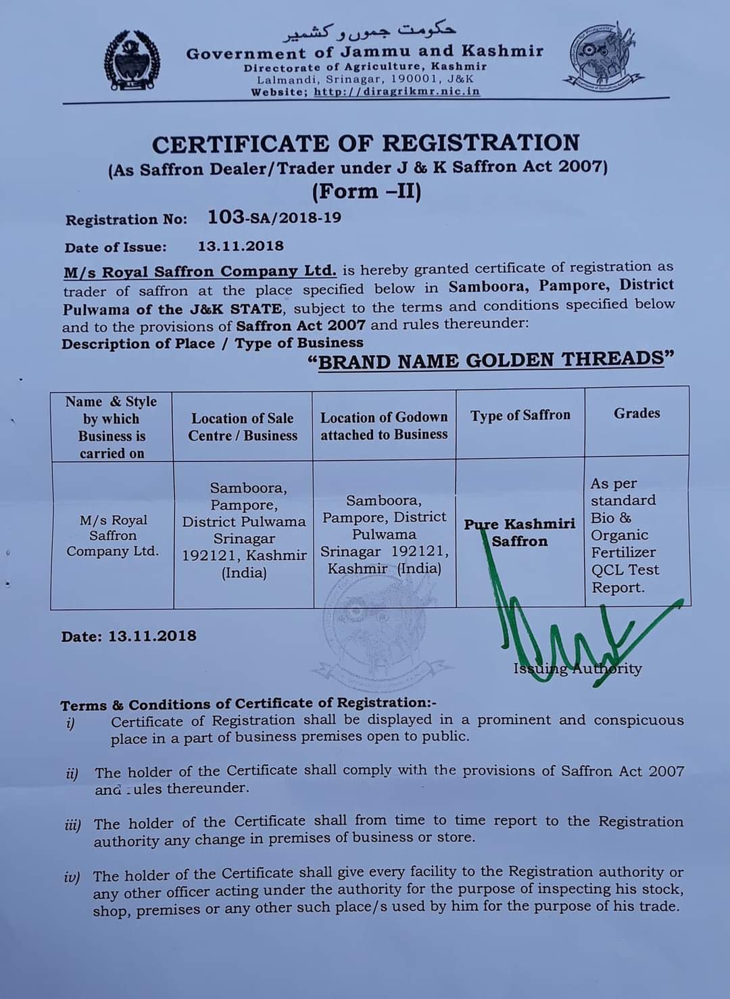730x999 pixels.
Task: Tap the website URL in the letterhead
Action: [x=397, y=92]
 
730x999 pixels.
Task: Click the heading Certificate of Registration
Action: [x=366, y=143]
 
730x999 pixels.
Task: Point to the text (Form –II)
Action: [x=366, y=192]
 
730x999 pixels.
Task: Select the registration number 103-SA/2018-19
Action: [x=274, y=218]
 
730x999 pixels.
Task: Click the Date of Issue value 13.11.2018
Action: [x=241, y=247]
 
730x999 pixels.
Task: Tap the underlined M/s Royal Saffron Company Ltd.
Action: [x=199, y=272]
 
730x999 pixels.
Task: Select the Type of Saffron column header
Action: [x=520, y=415]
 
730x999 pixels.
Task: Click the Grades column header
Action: [x=637, y=413]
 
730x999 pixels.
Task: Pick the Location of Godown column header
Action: [x=384, y=426]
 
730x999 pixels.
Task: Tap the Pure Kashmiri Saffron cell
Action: [x=520, y=533]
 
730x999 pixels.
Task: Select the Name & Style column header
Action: [x=112, y=427]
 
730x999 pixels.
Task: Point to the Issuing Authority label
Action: [x=577, y=669]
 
